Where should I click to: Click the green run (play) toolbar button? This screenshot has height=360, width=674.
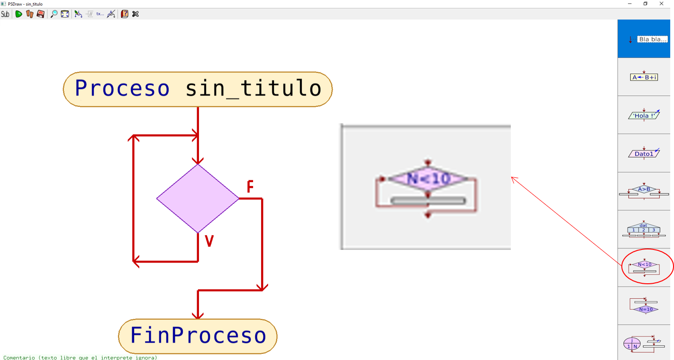coord(19,14)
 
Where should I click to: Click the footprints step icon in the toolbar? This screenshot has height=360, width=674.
coord(30,14)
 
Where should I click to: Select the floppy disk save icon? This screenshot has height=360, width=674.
coord(40,14)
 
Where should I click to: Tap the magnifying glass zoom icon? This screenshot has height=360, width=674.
coord(54,14)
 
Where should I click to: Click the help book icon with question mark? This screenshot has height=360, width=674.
coord(124,14)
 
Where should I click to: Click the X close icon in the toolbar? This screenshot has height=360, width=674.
coord(135,14)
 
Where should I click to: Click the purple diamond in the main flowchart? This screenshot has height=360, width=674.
coord(198,198)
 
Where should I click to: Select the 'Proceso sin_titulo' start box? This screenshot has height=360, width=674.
coord(198,89)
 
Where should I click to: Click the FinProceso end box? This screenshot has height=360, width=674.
coord(198,336)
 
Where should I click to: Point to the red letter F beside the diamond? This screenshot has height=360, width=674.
coord(250,187)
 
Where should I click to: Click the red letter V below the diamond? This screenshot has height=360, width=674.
coord(209,241)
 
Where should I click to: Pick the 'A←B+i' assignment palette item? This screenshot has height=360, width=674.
coord(644,77)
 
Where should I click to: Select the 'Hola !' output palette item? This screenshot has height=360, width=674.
coord(644,115)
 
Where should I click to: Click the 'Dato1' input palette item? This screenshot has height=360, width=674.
coord(644,153)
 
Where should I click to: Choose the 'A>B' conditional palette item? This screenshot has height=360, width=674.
coord(644,191)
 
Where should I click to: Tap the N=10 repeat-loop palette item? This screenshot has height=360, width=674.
coord(644,306)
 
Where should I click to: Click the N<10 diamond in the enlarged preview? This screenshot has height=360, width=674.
coord(428,179)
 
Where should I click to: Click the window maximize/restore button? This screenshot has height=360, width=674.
coord(645,4)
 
